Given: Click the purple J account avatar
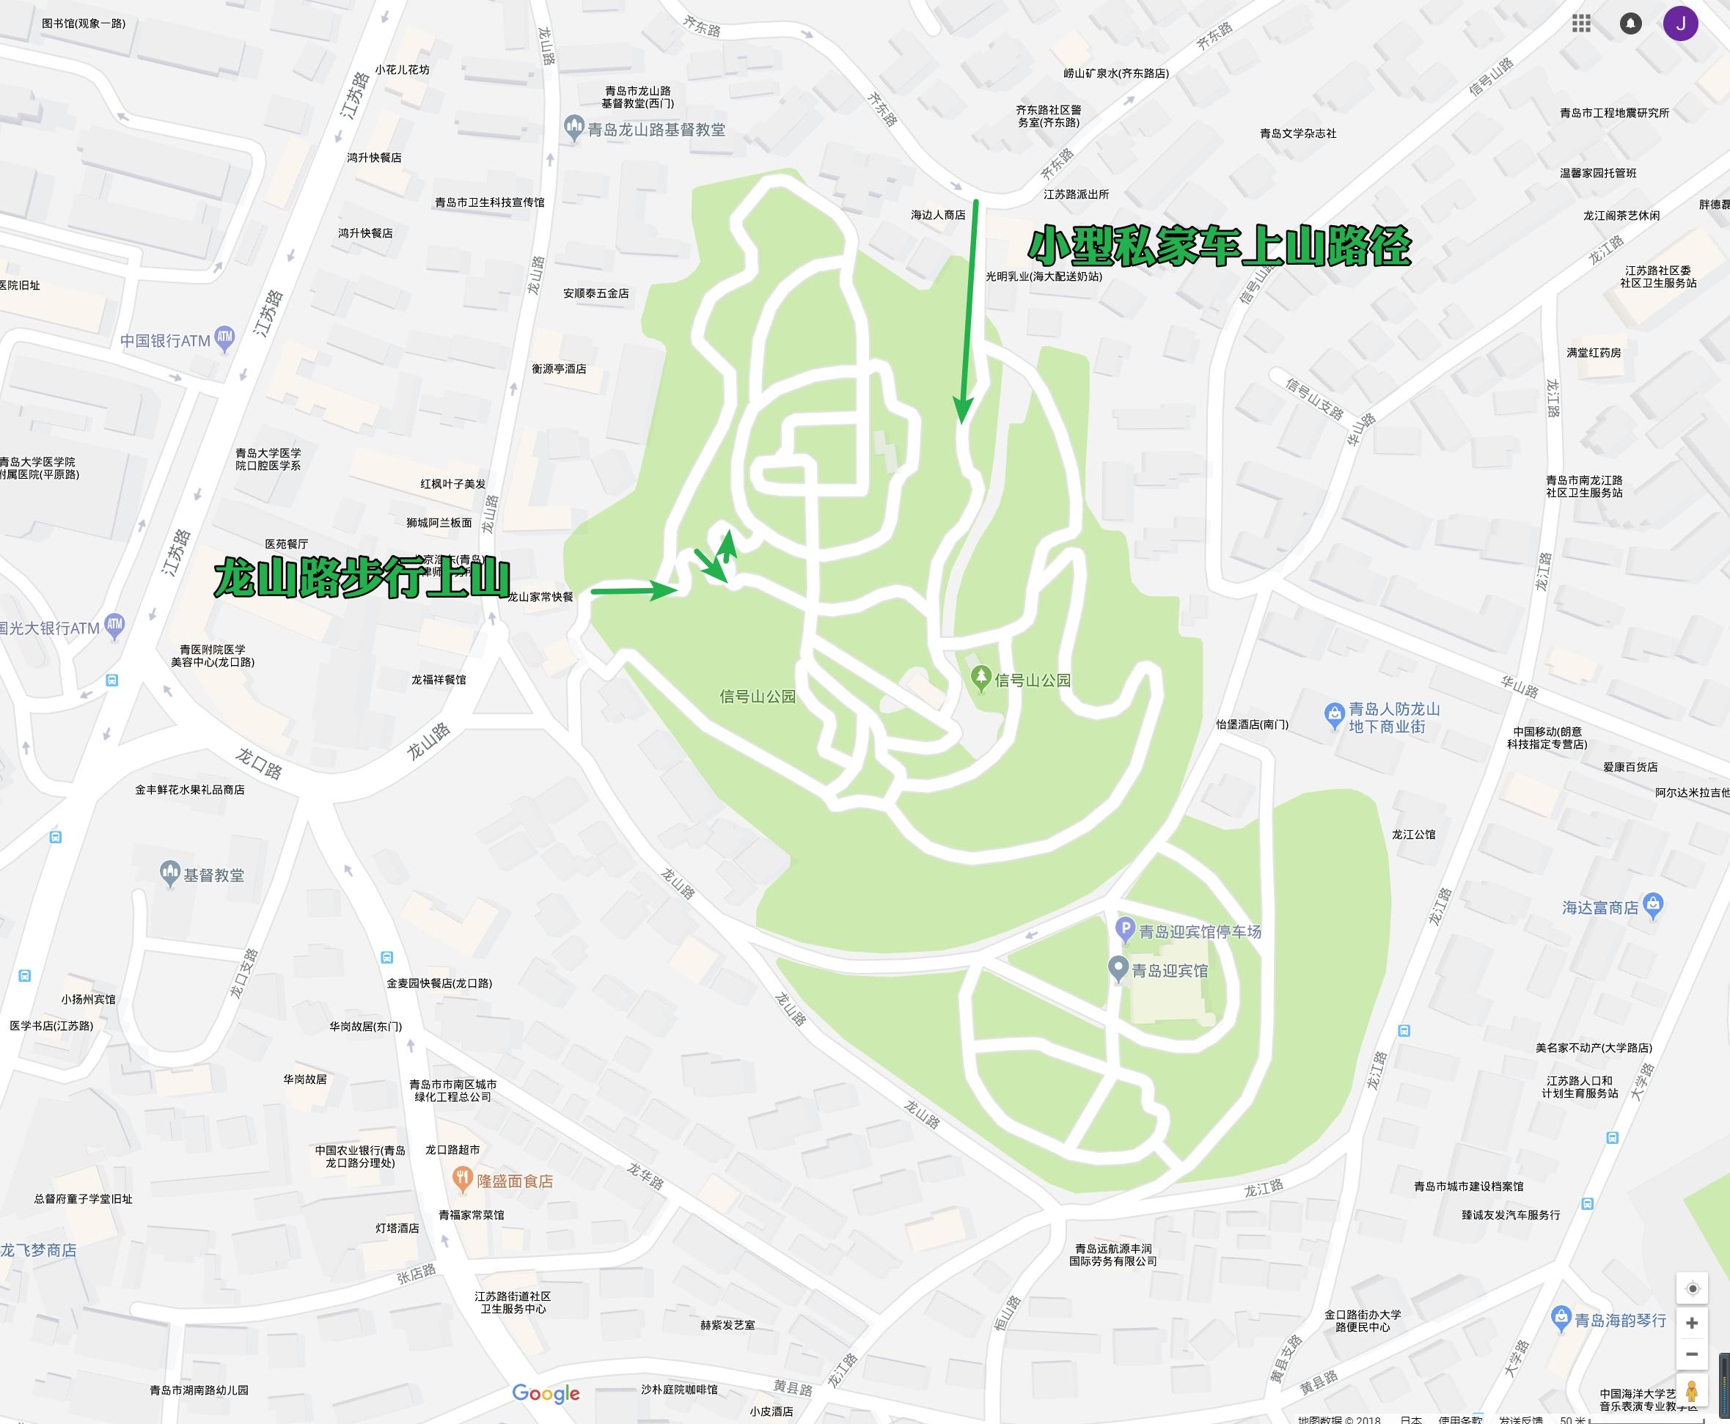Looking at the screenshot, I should click(x=1680, y=23).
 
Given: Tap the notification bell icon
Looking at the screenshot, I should click(x=1631, y=23).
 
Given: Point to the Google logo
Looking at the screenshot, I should click(x=546, y=1392).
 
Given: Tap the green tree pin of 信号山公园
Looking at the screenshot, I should click(x=981, y=678).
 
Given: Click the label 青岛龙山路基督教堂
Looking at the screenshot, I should click(x=656, y=130).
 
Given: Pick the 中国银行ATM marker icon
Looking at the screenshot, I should click(x=224, y=338).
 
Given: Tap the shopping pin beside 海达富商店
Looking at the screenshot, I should click(x=1654, y=906).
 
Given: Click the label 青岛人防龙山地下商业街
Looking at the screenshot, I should click(x=1393, y=718).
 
